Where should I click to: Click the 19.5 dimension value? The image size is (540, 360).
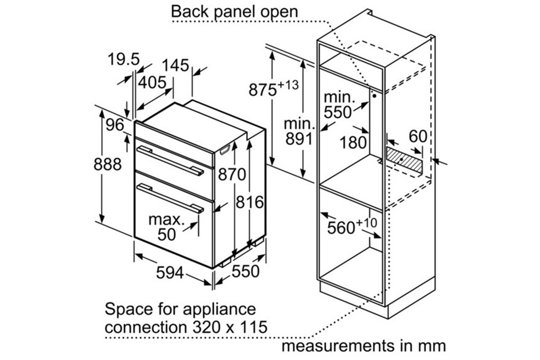(123, 60)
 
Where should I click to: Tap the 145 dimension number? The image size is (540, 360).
(175, 66)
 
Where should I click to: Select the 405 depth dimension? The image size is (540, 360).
(152, 83)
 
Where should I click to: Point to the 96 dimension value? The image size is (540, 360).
(115, 125)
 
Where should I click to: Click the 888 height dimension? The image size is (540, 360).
(107, 165)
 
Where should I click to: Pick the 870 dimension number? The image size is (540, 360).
(232, 175)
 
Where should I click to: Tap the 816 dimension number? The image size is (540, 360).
(249, 202)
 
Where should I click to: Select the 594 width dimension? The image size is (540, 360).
(170, 273)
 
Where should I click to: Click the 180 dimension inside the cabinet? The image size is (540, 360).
(353, 143)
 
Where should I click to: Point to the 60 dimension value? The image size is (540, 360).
(418, 137)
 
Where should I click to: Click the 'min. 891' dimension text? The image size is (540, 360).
(299, 131)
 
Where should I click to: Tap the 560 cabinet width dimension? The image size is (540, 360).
(341, 228)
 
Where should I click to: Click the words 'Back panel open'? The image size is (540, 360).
(234, 12)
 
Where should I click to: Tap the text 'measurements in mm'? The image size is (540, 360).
(364, 346)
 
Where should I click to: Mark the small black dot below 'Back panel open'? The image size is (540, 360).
(375, 96)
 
